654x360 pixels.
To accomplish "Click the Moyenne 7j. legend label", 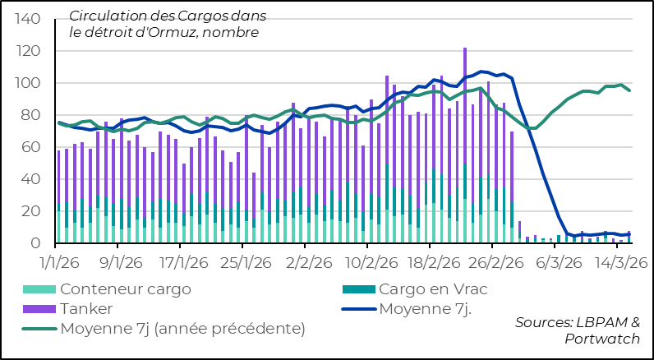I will coord(436,309).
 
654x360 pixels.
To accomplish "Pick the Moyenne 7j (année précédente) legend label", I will coord(182,329).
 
